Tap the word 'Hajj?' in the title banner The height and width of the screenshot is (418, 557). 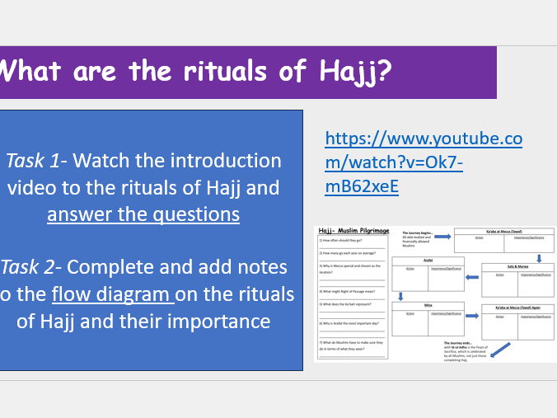(350, 71)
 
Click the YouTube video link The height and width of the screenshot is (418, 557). (424, 162)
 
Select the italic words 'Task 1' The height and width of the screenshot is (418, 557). (40, 160)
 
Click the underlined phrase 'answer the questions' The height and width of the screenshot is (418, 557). (143, 214)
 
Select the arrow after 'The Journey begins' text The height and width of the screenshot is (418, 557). (442, 237)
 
